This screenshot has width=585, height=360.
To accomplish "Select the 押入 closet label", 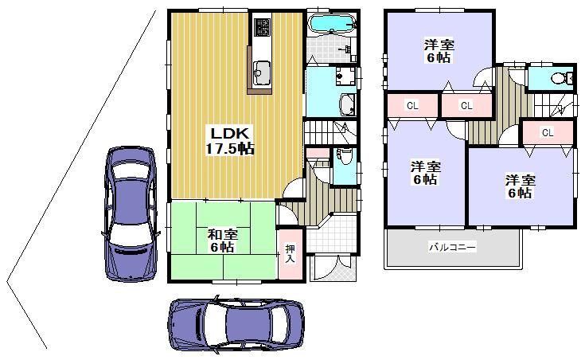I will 291,253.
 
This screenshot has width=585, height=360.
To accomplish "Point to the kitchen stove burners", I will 263,29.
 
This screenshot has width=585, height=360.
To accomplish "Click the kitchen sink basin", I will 260,73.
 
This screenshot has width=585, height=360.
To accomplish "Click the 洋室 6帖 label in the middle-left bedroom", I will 425,173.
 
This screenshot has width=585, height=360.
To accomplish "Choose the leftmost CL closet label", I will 412,105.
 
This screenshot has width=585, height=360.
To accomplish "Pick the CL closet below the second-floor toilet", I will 547,133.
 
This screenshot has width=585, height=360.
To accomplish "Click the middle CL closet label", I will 466,105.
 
